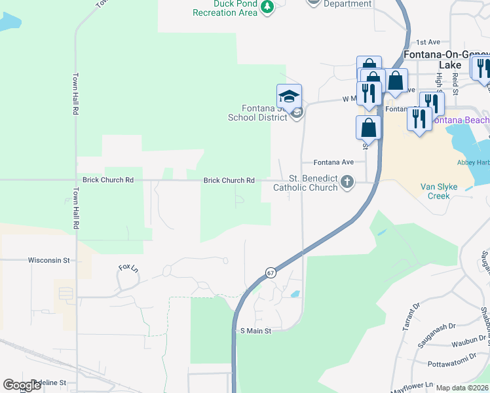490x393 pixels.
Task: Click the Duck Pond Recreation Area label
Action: coord(225,9)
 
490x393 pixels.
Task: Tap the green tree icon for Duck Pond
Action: coord(267,7)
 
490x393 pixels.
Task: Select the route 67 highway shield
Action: coord(270,272)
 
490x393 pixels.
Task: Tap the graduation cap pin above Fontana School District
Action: coord(289,97)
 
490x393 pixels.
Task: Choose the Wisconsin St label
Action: coord(48,260)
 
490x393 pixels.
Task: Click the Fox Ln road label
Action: coord(128,268)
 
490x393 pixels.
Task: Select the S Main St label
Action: coord(255,331)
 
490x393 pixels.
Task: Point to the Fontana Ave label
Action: coord(333,162)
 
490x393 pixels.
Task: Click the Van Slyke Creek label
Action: coord(443,191)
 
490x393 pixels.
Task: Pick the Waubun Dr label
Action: coord(469,343)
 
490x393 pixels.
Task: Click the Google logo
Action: coord(22,385)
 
